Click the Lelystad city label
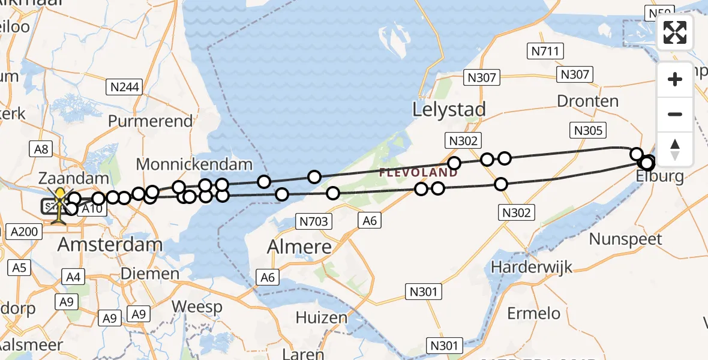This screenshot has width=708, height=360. (x=449, y=109)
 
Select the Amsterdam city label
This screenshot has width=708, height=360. (x=110, y=245)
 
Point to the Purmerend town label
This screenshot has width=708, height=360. (x=151, y=121)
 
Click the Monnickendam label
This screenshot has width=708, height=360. (x=194, y=164)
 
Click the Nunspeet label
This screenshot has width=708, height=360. (x=626, y=239)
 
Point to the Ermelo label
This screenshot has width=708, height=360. (x=534, y=313)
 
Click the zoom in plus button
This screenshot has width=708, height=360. (x=675, y=79)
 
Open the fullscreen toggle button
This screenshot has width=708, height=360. (x=675, y=32)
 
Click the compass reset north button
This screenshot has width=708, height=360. (x=675, y=149)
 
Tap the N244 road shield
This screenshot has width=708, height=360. (x=125, y=87)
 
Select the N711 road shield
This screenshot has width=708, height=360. (x=545, y=52)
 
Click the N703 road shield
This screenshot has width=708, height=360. (x=313, y=222)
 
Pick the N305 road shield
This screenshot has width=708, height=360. (x=589, y=130)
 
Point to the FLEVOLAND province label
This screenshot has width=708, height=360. (x=418, y=173)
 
